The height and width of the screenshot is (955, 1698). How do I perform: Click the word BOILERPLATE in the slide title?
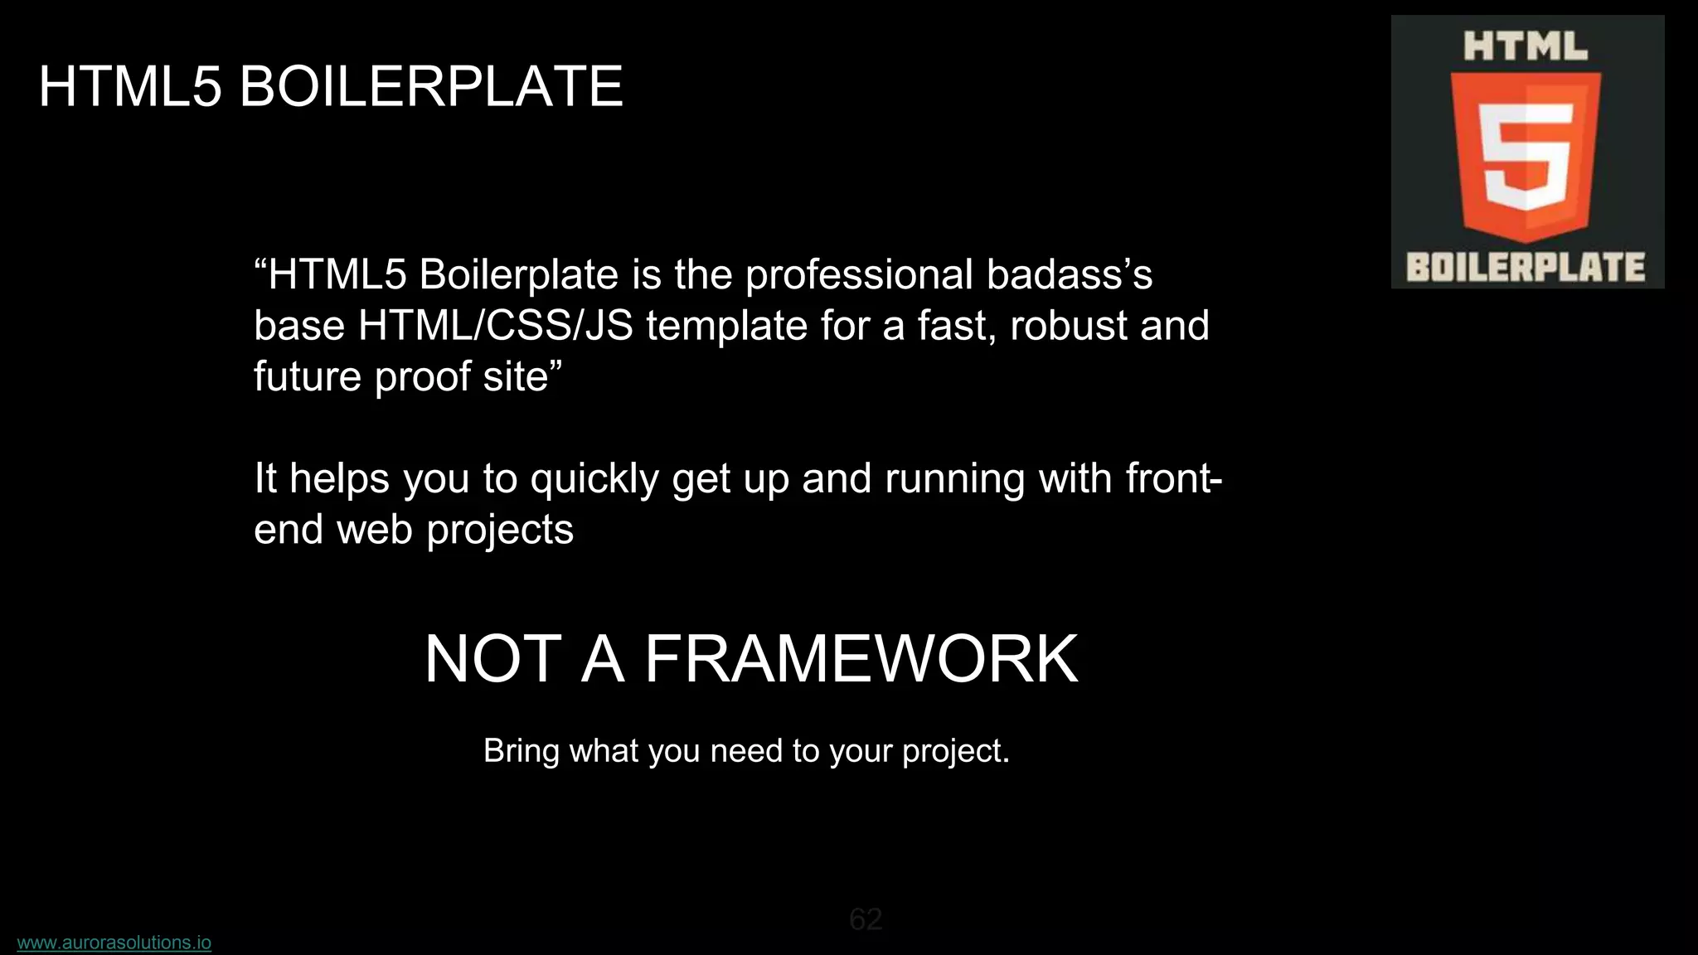click(x=430, y=86)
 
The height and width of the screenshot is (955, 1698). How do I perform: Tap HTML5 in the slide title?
click(x=130, y=86)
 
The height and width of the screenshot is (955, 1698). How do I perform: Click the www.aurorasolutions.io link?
click(x=114, y=943)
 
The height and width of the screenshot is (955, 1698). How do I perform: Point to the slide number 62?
click(x=866, y=919)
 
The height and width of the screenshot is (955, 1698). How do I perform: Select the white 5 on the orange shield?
click(x=1526, y=158)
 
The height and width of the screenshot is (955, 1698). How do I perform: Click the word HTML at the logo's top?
click(x=1526, y=46)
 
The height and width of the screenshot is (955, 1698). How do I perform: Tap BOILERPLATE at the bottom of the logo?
click(x=1526, y=268)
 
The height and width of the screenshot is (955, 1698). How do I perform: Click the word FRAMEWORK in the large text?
click(x=861, y=659)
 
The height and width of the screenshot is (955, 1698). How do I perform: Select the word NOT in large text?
click(x=493, y=659)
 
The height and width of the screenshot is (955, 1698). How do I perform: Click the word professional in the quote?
click(x=859, y=275)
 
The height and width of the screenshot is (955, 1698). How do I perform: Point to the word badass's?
click(x=1070, y=275)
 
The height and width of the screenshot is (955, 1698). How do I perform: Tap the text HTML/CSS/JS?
click(x=495, y=326)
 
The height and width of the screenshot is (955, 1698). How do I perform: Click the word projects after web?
click(x=499, y=531)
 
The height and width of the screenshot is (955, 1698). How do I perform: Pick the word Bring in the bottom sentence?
click(x=521, y=751)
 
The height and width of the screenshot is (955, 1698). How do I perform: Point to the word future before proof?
click(x=307, y=377)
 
